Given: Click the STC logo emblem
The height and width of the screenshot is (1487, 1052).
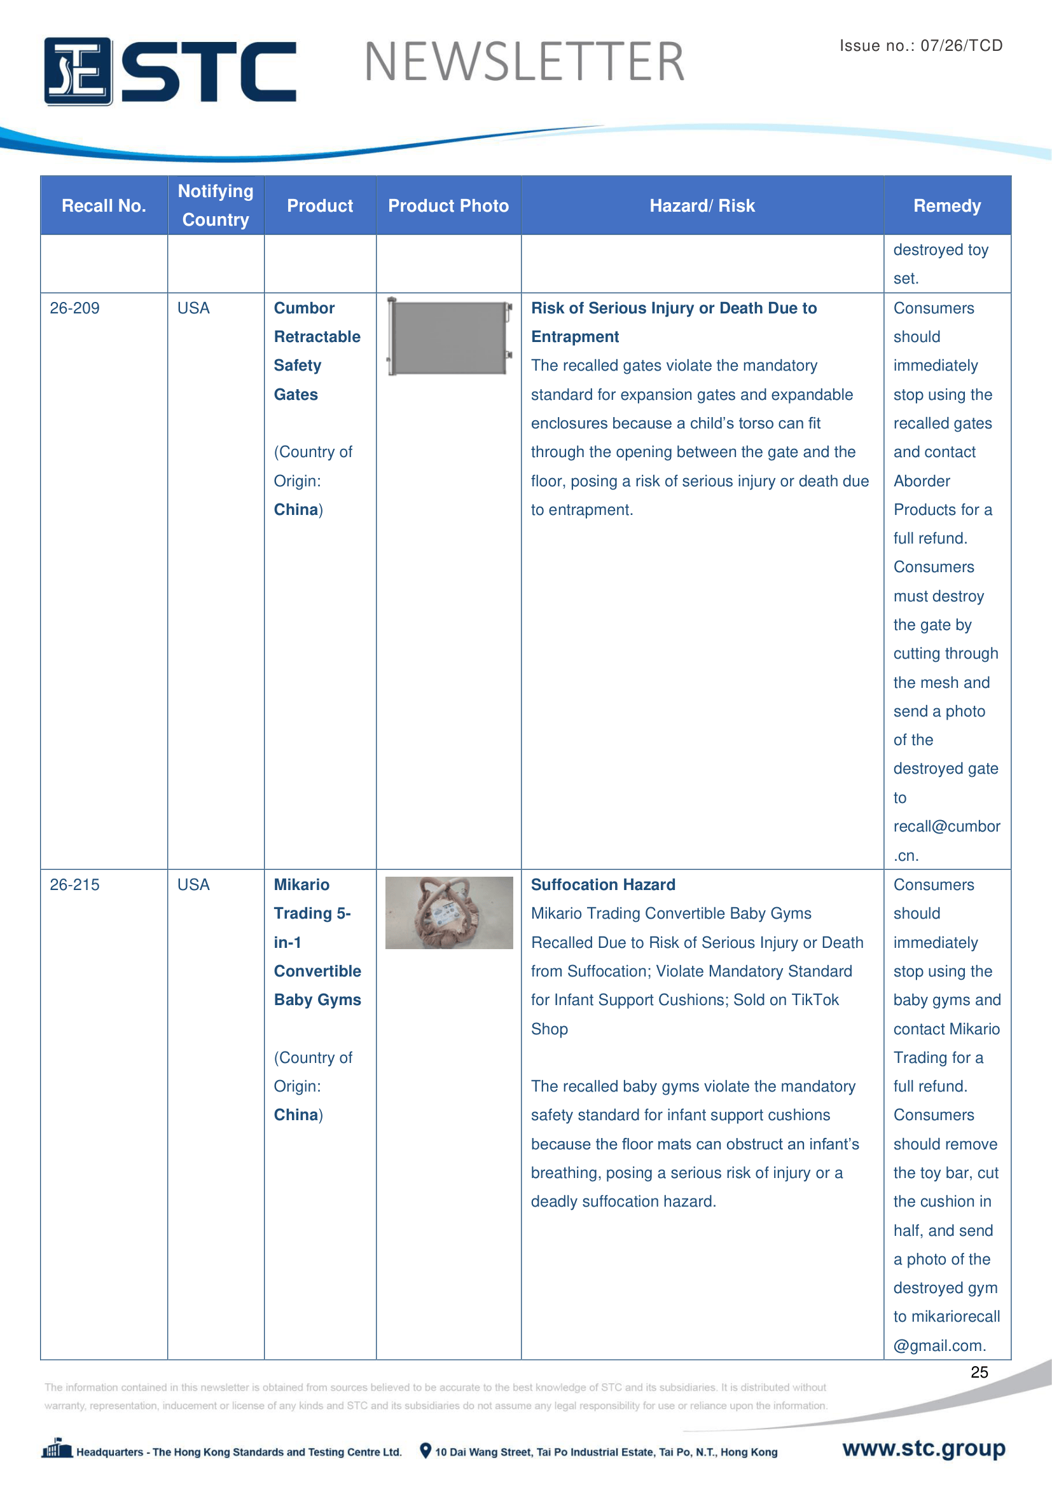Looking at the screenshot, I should pyautogui.click(x=78, y=71).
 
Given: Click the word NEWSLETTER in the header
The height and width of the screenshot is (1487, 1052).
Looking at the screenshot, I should pyautogui.click(x=524, y=62).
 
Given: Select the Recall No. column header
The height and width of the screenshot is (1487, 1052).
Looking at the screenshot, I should pyautogui.click(x=104, y=206).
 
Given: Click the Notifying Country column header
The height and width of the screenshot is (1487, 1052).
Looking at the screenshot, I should pyautogui.click(x=216, y=205).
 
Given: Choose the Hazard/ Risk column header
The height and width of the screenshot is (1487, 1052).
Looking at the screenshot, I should pyautogui.click(x=702, y=206).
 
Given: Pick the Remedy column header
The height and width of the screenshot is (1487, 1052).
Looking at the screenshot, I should pyautogui.click(x=946, y=206).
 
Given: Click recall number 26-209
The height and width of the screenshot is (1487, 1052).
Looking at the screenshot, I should pyautogui.click(x=74, y=308).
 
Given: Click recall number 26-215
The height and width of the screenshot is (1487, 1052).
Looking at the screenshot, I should pyautogui.click(x=74, y=885).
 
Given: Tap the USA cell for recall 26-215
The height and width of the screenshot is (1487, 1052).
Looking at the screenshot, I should pyautogui.click(x=193, y=885).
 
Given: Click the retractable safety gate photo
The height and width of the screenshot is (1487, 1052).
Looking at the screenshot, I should pyautogui.click(x=449, y=337).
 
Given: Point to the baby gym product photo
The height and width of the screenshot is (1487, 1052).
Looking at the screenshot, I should pyautogui.click(x=449, y=912).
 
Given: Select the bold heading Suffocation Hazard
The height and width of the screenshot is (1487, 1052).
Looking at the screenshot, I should pyautogui.click(x=602, y=885).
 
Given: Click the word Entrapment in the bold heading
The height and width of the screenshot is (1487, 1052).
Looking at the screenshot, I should pyautogui.click(x=574, y=337).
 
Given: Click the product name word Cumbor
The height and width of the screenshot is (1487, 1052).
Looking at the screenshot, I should pyautogui.click(x=304, y=308).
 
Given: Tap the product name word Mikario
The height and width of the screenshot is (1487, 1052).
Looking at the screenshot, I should pyautogui.click(x=301, y=885).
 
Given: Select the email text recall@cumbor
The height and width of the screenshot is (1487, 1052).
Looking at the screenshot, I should pyautogui.click(x=946, y=826).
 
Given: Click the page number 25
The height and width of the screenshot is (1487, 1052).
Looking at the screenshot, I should pyautogui.click(x=979, y=1372).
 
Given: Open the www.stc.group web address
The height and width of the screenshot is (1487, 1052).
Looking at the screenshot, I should pyautogui.click(x=923, y=1448).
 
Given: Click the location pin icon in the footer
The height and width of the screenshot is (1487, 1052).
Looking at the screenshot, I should pyautogui.click(x=425, y=1451).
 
